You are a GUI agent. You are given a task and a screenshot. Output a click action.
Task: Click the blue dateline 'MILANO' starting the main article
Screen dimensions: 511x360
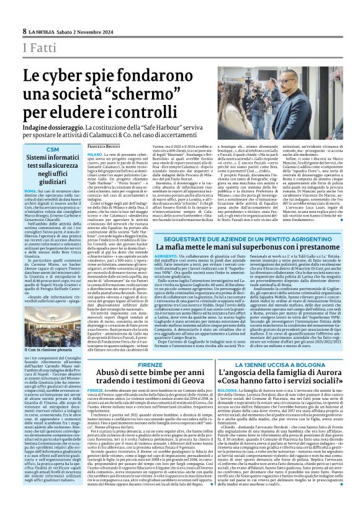(94, 151)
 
